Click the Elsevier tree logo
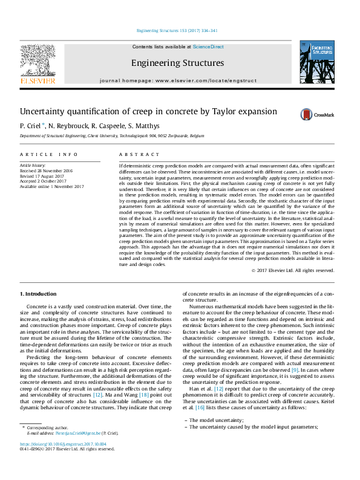tap(38, 63)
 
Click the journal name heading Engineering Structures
tap(177, 63)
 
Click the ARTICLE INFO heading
tap(49, 155)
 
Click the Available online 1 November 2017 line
tap(52, 186)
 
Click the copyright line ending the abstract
tap(293, 270)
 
